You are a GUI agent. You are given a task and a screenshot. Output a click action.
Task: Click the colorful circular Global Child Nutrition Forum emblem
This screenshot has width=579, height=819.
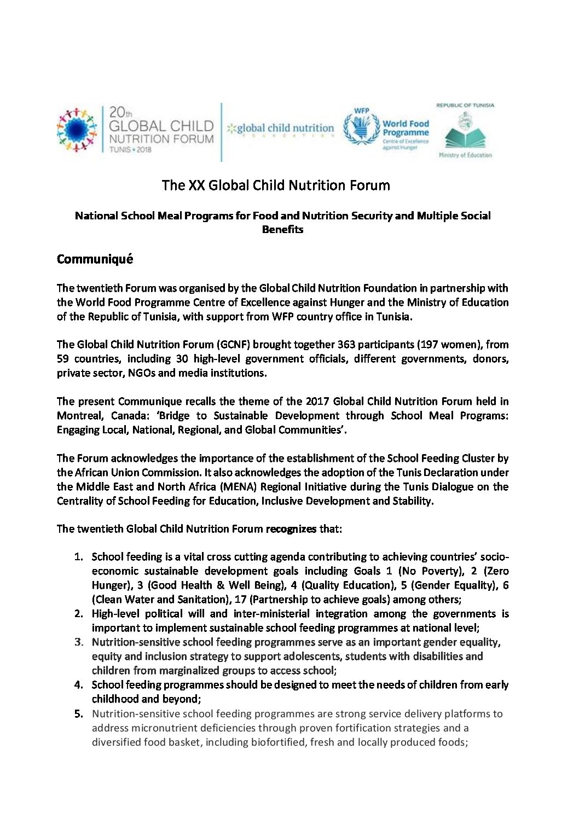pyautogui.click(x=77, y=130)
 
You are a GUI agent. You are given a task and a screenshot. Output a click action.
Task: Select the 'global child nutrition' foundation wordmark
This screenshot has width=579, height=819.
pyautogui.click(x=281, y=129)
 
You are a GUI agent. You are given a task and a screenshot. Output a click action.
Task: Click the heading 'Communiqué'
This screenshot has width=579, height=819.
pyautogui.click(x=95, y=259)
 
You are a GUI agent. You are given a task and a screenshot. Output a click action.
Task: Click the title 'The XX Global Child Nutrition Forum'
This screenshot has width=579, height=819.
pyautogui.click(x=276, y=185)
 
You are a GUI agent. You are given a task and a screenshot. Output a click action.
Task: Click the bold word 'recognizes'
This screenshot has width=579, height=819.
pyautogui.click(x=291, y=529)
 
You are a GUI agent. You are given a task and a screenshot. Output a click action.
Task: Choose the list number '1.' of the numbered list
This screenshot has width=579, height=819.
pyautogui.click(x=79, y=557)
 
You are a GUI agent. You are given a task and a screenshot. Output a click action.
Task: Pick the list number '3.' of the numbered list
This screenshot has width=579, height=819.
pyautogui.click(x=79, y=642)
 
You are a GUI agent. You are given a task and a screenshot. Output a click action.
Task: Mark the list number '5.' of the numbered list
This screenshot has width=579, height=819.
pyautogui.click(x=79, y=714)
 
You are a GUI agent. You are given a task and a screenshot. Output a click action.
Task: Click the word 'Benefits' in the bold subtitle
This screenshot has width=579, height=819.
pyautogui.click(x=282, y=230)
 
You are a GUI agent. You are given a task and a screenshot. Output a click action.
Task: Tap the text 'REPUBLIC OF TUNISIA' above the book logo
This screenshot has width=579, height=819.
pyautogui.click(x=465, y=105)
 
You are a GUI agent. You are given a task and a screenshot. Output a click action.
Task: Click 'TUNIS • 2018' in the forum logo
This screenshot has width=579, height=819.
pyautogui.click(x=130, y=150)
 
